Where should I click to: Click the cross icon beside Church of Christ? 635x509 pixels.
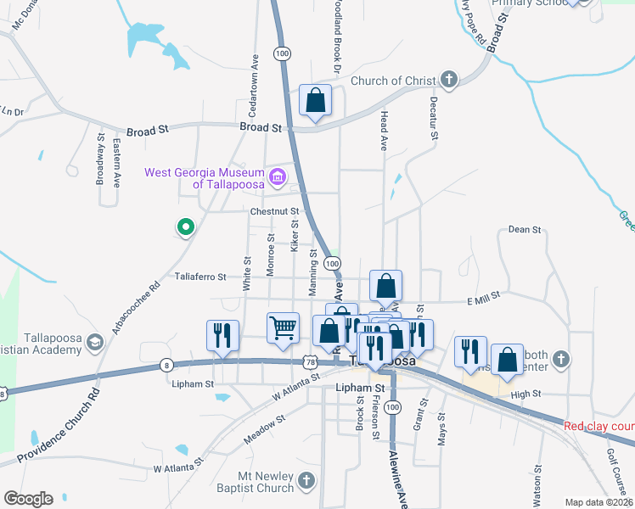tap(449, 81)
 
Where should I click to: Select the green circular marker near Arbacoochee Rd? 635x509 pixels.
tap(185, 227)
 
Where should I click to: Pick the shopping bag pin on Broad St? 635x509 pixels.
tap(315, 101)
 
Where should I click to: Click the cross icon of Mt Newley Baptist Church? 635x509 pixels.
tap(306, 482)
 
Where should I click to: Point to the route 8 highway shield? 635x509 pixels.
tap(165, 366)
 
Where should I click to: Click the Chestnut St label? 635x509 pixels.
tap(275, 211)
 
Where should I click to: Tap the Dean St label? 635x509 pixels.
tap(524, 229)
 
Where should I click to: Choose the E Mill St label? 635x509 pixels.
tap(485, 300)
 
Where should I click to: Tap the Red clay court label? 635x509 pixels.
tap(599, 426)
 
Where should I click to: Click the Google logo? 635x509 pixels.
tap(28, 499)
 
